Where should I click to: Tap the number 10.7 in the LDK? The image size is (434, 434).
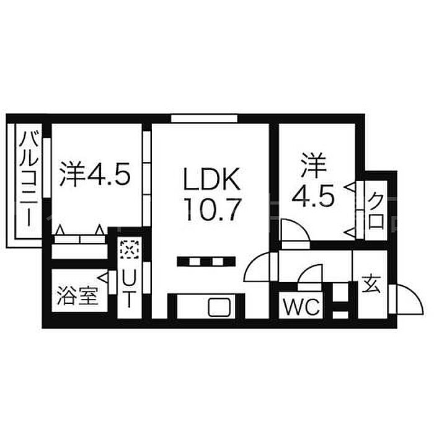click(x=210, y=211)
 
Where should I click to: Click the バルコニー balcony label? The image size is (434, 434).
click(x=29, y=179)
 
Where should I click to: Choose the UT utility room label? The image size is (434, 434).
click(x=127, y=287)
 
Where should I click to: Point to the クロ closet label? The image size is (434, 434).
click(x=376, y=211)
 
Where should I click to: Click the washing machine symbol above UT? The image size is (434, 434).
click(x=128, y=250)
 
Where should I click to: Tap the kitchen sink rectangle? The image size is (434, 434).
click(x=218, y=306)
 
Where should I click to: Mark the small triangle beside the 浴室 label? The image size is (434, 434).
click(x=102, y=281)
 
